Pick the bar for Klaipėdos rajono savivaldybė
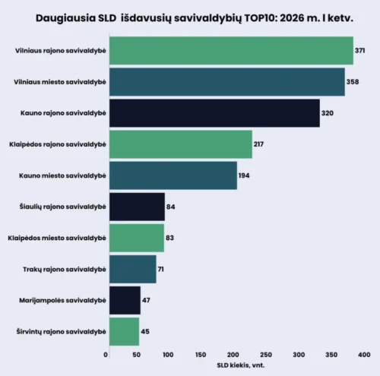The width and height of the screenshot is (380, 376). [180, 144]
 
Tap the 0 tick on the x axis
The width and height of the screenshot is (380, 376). [106, 354]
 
